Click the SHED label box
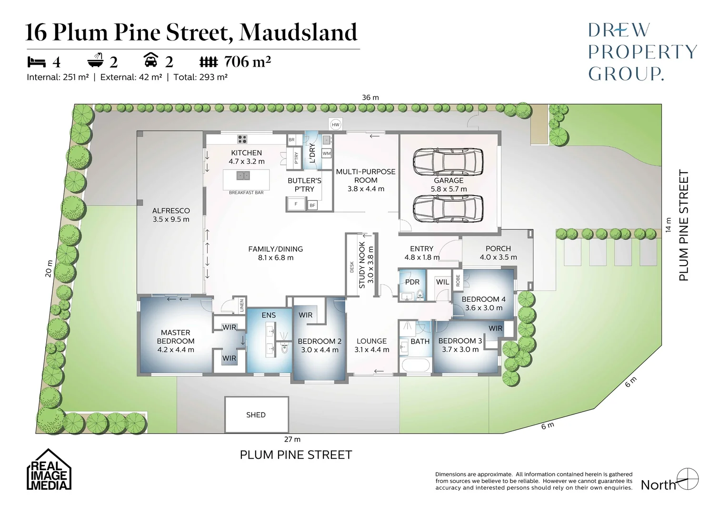pyautogui.click(x=256, y=415)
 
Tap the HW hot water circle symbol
pyautogui.click(x=336, y=125)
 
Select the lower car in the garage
pyautogui.click(x=448, y=208)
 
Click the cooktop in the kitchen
pyautogui.click(x=242, y=139)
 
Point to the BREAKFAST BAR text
pyautogui.click(x=246, y=193)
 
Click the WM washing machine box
pyautogui.click(x=327, y=154)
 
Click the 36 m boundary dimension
pyautogui.click(x=370, y=98)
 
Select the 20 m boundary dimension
pyautogui.click(x=49, y=268)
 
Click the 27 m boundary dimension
pyautogui.click(x=292, y=439)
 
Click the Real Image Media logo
pyautogui.click(x=49, y=470)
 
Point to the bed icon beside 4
pyautogui.click(x=37, y=62)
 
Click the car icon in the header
pyautogui.click(x=151, y=60)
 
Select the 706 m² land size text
pyautogui.click(x=247, y=62)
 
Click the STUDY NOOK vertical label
pyautogui.click(x=362, y=265)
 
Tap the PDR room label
pyautogui.click(x=412, y=282)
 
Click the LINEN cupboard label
pyautogui.click(x=242, y=305)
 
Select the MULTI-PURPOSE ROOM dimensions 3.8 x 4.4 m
pyautogui.click(x=366, y=189)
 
